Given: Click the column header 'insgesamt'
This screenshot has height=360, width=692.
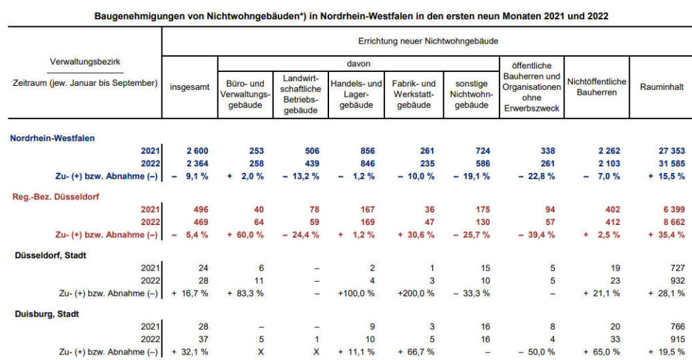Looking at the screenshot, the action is click(189, 87).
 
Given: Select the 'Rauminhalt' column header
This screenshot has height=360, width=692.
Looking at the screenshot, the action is click(662, 87).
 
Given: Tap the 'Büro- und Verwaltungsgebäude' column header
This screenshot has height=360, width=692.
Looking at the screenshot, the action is click(245, 94).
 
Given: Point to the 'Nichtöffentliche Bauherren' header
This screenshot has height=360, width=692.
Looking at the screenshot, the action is click(596, 87).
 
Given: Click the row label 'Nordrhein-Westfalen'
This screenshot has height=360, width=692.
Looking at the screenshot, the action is click(52, 138).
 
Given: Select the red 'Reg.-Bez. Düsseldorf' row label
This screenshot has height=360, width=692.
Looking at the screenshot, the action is click(55, 197).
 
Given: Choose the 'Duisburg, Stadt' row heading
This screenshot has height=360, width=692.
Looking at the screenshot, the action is click(47, 314).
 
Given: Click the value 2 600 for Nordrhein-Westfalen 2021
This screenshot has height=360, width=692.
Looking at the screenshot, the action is click(197, 151).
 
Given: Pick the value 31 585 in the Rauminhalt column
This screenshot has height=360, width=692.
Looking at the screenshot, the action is click(672, 163).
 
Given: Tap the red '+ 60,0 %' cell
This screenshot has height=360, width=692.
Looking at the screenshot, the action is click(245, 235).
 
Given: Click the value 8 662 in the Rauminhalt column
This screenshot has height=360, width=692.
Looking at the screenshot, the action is click(673, 222).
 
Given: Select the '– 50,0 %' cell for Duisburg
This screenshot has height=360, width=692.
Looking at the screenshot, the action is click(536, 352).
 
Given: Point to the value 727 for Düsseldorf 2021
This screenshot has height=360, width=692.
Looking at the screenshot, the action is click(677, 268).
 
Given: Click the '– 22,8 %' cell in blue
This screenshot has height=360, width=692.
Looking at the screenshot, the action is click(536, 177).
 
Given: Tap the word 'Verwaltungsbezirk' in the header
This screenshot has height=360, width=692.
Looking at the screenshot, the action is click(85, 62).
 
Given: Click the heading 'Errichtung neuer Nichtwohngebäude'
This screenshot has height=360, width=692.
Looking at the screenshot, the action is click(428, 42).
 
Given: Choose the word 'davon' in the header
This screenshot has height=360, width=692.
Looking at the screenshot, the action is click(358, 64).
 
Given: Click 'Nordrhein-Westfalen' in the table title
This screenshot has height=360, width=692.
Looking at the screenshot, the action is click(367, 17).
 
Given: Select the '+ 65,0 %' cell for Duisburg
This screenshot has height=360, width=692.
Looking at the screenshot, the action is click(601, 352).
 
